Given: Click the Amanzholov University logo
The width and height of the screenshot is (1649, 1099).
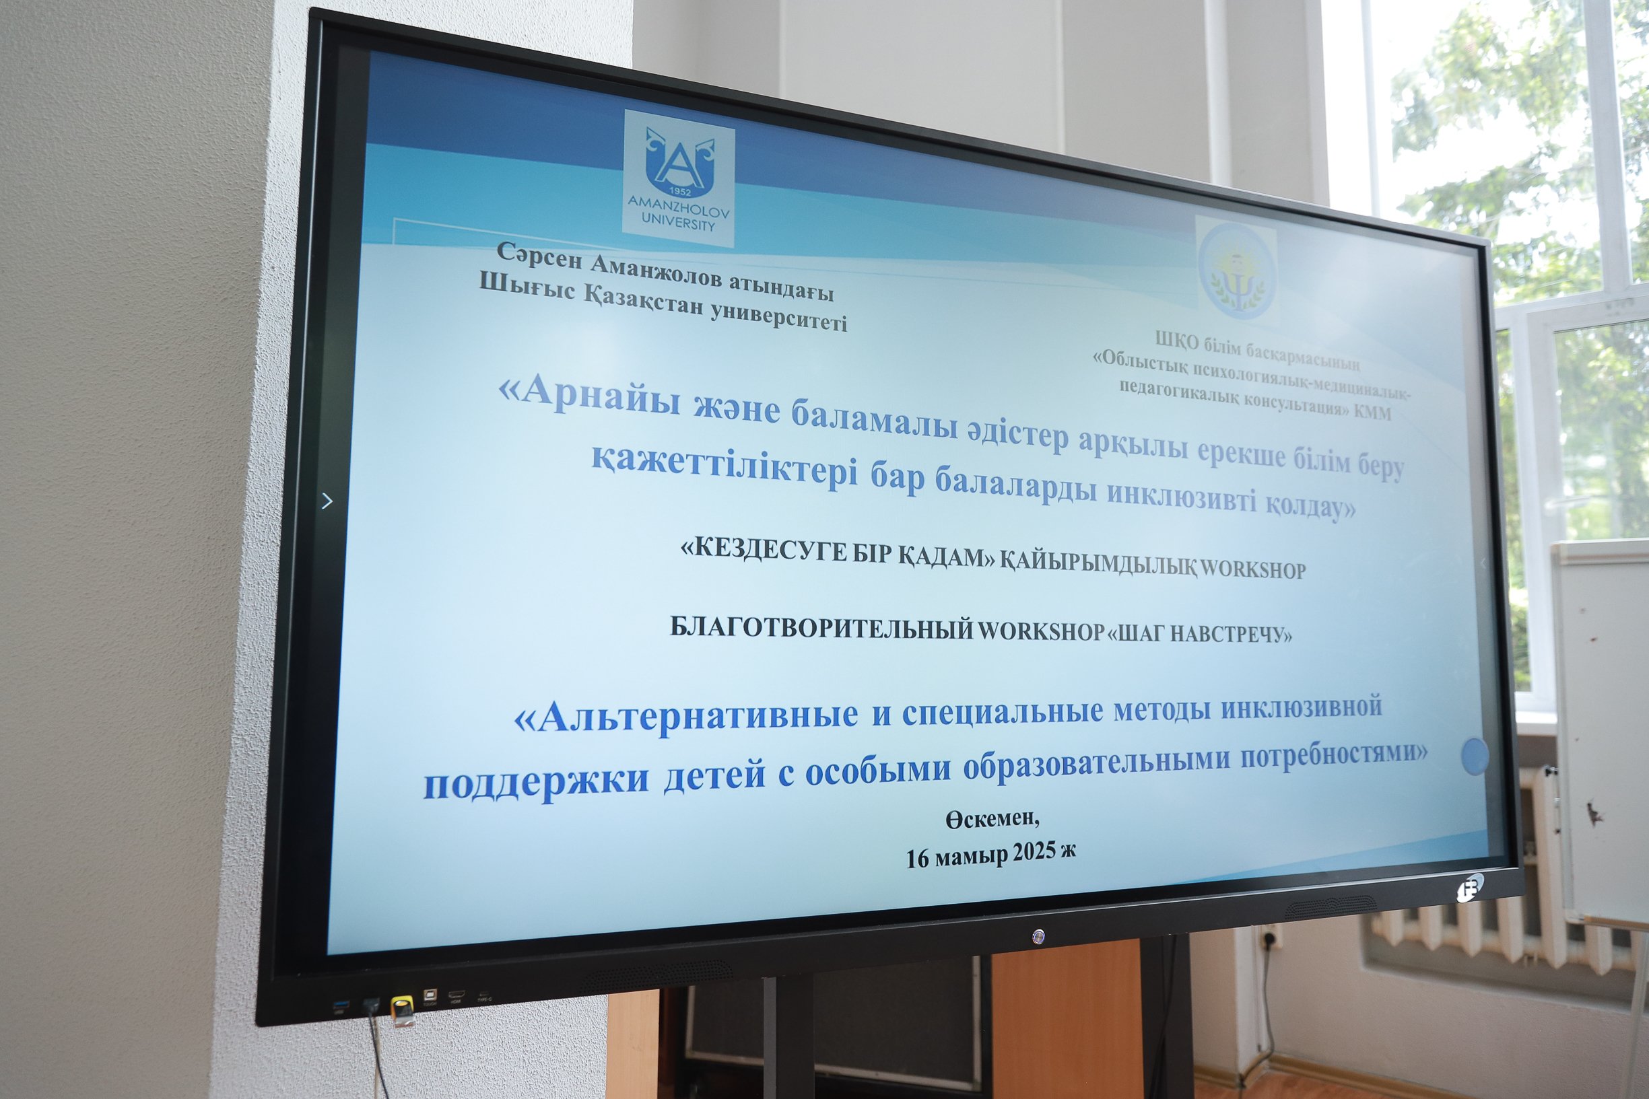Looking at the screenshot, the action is pyautogui.click(x=679, y=178).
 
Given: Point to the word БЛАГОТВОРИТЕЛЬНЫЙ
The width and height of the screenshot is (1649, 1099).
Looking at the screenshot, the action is pyautogui.click(x=821, y=628).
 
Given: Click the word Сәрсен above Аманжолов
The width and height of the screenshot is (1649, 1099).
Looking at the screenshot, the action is pyautogui.click(x=539, y=256).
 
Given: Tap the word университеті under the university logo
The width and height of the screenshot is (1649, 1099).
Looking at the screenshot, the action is pyautogui.click(x=778, y=317).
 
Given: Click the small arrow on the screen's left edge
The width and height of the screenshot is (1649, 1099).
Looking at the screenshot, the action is pyautogui.click(x=326, y=501).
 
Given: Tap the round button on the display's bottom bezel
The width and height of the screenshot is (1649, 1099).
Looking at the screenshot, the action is pyautogui.click(x=1038, y=935).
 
